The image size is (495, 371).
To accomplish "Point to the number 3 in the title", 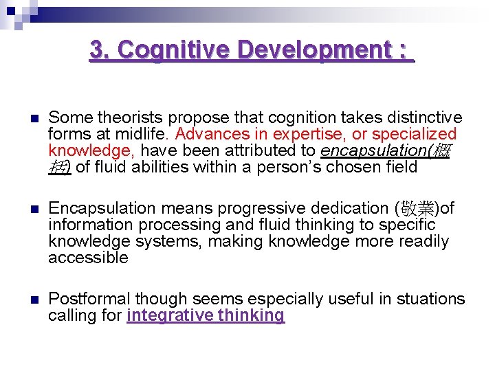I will (x=97, y=49).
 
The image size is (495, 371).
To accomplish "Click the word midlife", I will (x=143, y=134).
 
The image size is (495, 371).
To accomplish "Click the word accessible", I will (x=88, y=258).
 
